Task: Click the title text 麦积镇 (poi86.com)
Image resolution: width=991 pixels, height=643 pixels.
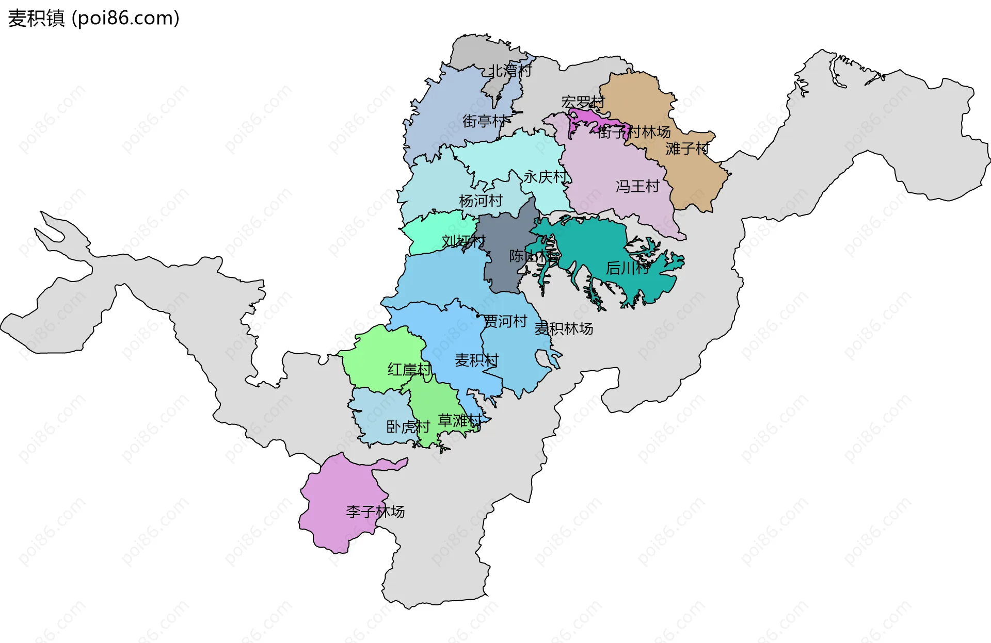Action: (93, 18)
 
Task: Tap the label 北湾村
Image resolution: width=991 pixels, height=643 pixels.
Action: (510, 71)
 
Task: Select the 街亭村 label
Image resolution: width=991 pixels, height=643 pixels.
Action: (485, 121)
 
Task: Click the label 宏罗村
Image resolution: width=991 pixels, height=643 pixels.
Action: (583, 102)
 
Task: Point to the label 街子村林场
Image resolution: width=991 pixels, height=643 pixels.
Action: (634, 132)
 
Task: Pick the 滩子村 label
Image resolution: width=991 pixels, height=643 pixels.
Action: (688, 149)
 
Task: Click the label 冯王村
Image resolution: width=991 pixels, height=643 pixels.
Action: (637, 186)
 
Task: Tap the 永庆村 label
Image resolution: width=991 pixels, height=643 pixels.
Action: (545, 177)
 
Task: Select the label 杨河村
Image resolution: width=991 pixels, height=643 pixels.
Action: (481, 201)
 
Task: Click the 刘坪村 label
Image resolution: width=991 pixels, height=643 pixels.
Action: (463, 241)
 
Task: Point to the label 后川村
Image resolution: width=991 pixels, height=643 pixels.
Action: (627, 268)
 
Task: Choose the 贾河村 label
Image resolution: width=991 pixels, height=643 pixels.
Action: (505, 321)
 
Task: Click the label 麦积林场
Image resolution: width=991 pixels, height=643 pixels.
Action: (564, 328)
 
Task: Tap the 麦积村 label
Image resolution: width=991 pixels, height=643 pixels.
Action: (476, 360)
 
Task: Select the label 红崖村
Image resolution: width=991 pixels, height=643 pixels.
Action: (409, 370)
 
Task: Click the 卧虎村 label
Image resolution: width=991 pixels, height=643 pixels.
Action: (408, 427)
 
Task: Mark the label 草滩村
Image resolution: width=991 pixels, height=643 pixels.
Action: (459, 420)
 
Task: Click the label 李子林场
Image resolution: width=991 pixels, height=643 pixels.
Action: (375, 512)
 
